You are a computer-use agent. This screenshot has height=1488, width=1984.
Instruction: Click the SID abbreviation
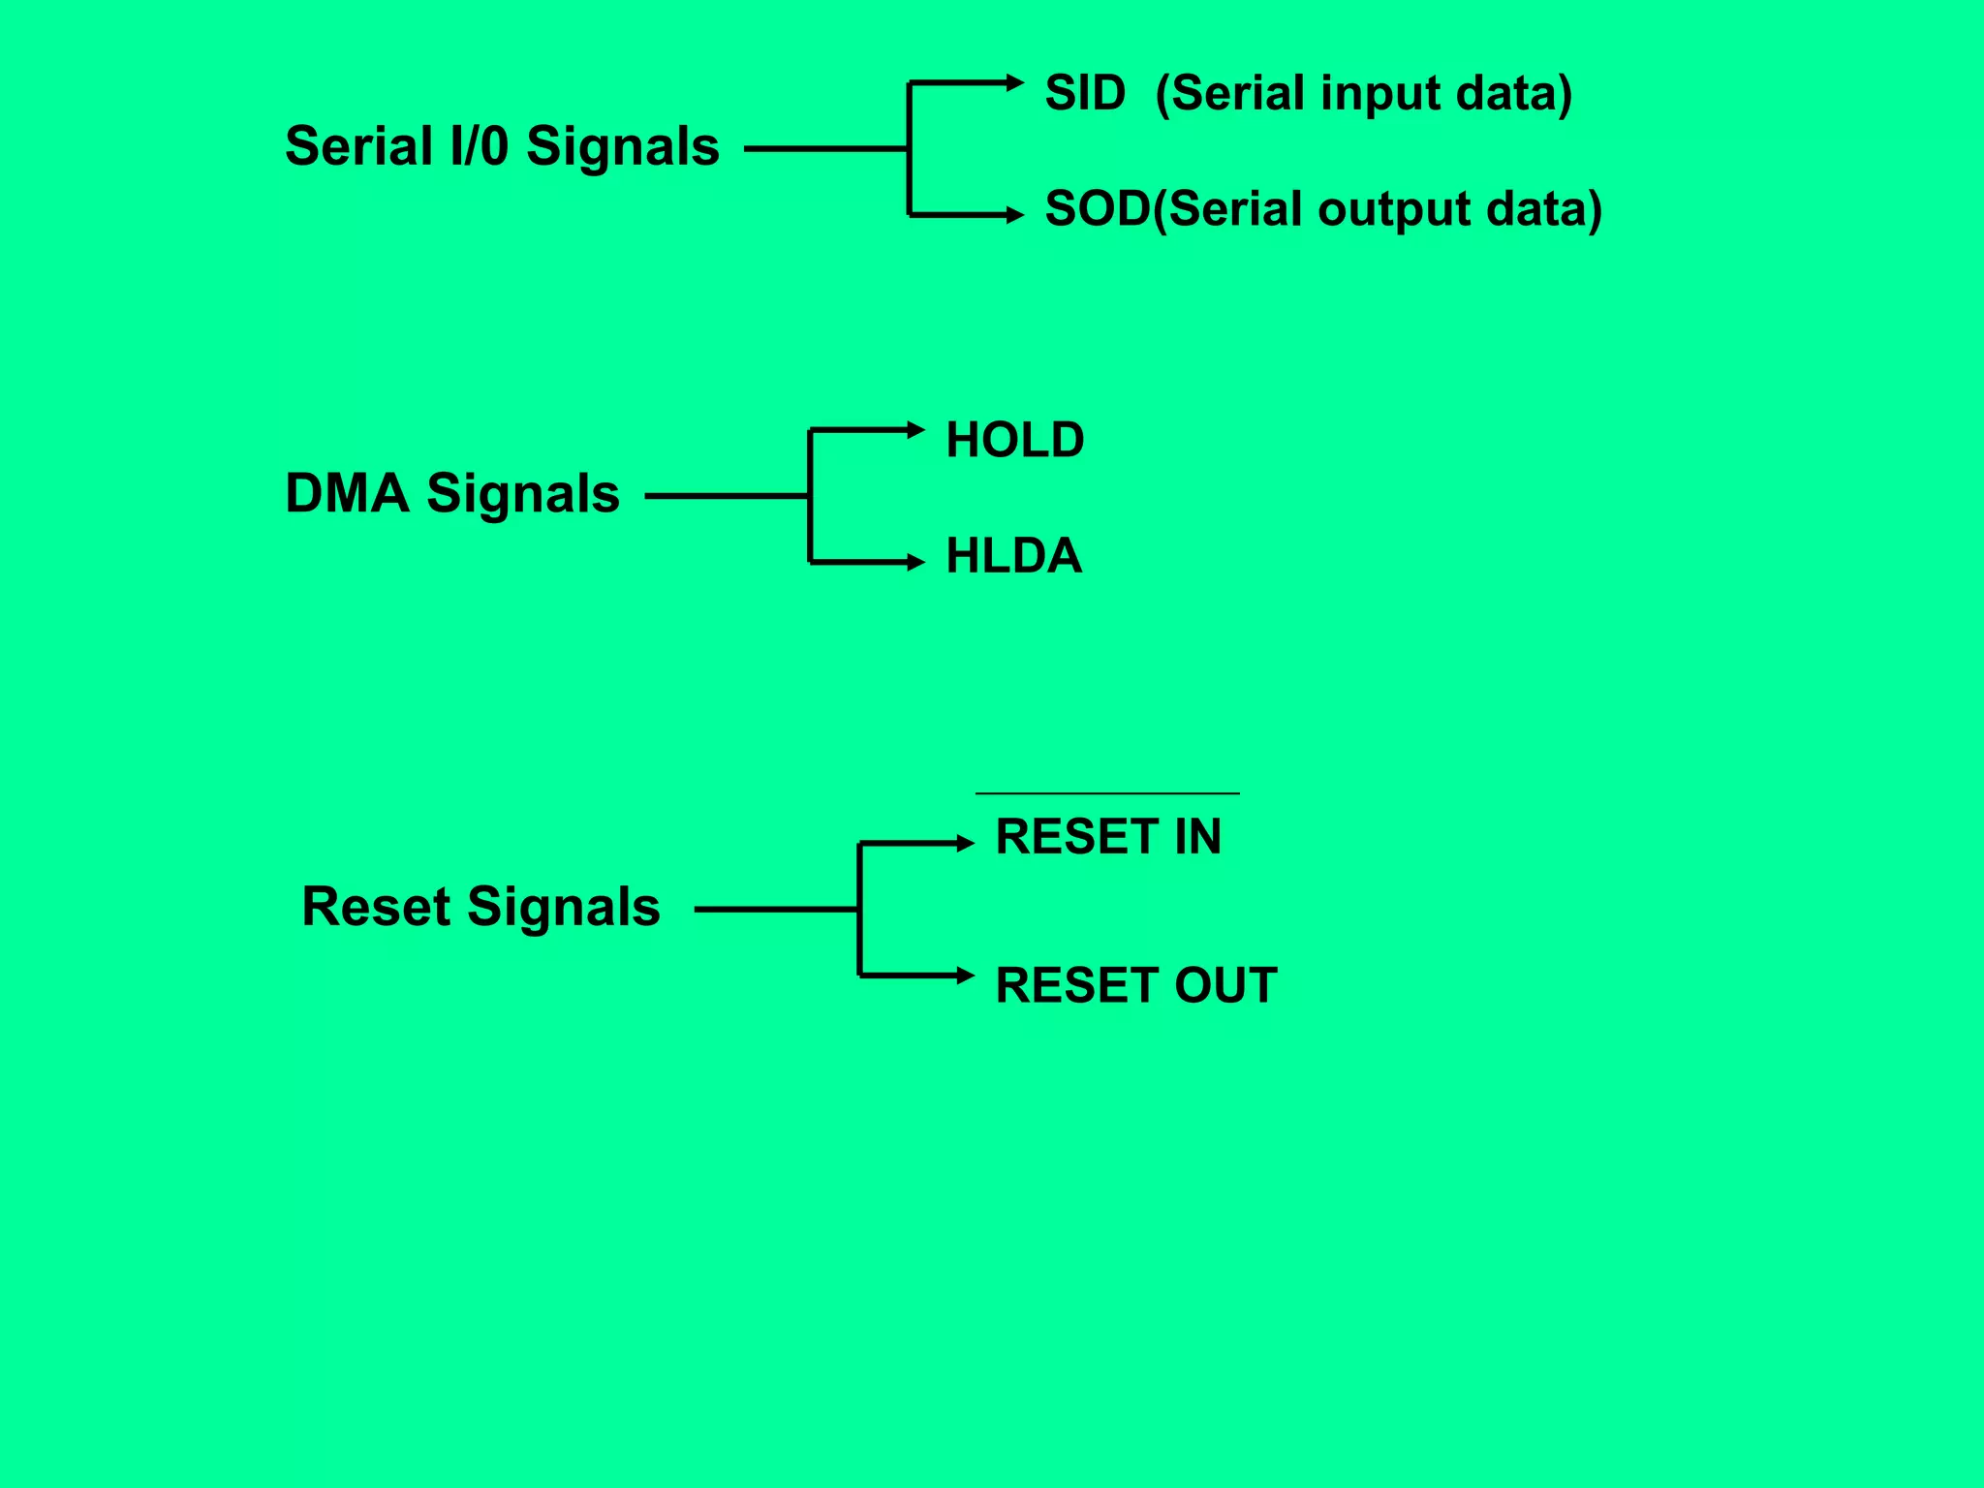tap(1085, 94)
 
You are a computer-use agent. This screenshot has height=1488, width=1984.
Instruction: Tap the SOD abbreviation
tap(1097, 209)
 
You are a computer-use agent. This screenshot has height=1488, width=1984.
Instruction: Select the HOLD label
tap(1014, 440)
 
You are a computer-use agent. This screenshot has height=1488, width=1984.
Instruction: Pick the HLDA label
tap(1013, 556)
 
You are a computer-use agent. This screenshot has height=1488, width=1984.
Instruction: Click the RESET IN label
tap(1108, 837)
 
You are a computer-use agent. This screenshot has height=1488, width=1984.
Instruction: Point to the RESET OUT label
tap(1135, 985)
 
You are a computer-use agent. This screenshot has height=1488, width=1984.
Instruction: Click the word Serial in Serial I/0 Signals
tap(358, 147)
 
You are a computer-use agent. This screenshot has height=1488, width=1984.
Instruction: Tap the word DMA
tap(347, 493)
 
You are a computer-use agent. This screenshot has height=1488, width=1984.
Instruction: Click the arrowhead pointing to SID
tap(1015, 83)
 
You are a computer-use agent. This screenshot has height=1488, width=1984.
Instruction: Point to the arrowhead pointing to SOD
tap(1015, 215)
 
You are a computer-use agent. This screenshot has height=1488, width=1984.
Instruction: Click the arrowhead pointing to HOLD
tap(916, 429)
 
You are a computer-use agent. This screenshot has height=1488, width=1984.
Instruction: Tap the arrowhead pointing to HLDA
tap(916, 562)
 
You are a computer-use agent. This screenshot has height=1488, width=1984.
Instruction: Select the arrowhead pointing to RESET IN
tap(966, 844)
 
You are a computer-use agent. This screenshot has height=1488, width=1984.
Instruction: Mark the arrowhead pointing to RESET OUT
tap(966, 976)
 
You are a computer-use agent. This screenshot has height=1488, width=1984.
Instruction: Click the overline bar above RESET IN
tap(1107, 793)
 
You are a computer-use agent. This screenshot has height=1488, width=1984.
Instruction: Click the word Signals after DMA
tap(523, 494)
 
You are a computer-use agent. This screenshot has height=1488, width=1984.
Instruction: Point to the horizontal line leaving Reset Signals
tap(775, 910)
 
